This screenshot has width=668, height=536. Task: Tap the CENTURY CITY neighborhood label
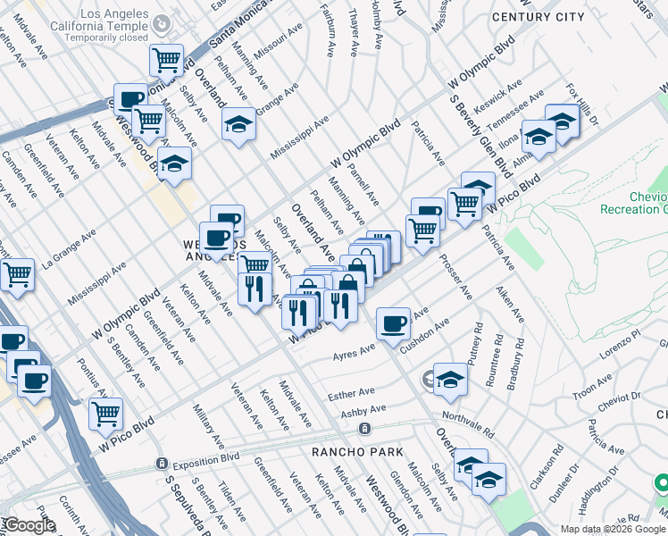[537, 17]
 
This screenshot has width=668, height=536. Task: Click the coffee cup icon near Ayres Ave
[392, 323]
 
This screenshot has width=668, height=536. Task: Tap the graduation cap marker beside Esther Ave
[451, 379]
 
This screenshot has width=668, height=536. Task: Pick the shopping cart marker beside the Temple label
[166, 60]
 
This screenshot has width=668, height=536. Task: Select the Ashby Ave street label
[363, 412]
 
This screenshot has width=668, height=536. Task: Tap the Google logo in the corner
[29, 525]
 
